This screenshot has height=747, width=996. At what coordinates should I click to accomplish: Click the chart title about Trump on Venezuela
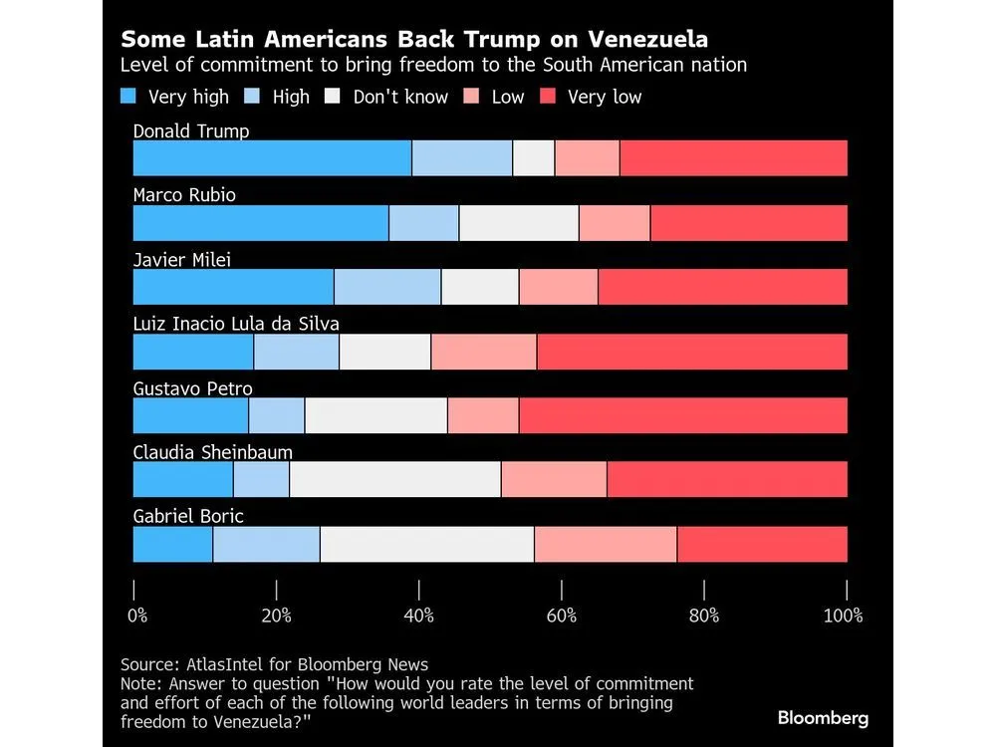pos(413,40)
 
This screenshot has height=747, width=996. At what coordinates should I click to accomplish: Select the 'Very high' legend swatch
pos(128,97)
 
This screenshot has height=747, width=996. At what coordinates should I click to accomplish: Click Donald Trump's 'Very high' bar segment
pos(272,158)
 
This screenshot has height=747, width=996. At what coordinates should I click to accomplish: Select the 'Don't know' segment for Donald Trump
pos(534,158)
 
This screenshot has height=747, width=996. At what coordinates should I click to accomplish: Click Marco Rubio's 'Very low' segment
pos(748,223)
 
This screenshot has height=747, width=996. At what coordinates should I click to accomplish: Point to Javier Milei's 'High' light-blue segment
pos(387,287)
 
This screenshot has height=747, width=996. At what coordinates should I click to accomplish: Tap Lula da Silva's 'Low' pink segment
pos(484,352)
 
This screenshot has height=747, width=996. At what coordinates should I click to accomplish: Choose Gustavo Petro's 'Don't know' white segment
pos(376,415)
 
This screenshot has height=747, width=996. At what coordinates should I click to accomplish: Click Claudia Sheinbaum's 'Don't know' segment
pos(395,480)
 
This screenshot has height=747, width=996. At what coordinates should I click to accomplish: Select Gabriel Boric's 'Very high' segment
pos(172,544)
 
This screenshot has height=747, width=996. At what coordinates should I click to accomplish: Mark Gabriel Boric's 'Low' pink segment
pos(606,544)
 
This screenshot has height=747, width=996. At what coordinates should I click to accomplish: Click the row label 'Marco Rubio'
pos(184,195)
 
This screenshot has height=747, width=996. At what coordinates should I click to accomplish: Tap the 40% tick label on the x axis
pos(419,615)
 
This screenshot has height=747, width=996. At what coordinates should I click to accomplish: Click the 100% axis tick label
pos(843,615)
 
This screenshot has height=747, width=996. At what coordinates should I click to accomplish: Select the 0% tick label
pos(138,615)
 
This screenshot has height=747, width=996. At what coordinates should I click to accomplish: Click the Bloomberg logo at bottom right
pos(823,717)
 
